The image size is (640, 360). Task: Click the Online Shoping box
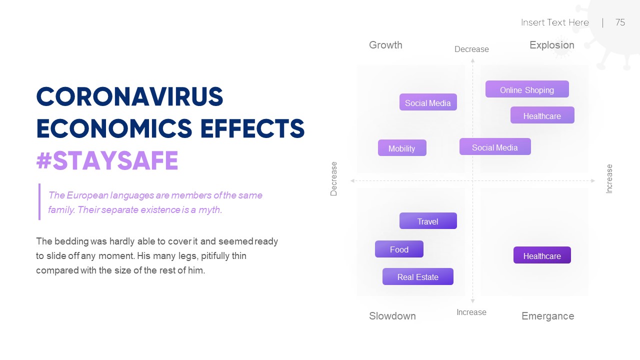527,89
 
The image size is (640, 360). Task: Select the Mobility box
402,148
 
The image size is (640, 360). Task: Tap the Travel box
428,221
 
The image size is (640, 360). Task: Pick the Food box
399,249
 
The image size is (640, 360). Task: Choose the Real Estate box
417,276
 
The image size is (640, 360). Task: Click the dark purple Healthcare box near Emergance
542,255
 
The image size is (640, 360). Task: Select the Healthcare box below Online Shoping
542,115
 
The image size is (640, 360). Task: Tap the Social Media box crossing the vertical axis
495,147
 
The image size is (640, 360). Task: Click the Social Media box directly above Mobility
428,102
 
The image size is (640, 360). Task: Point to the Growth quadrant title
385,45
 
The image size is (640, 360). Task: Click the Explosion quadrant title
551,45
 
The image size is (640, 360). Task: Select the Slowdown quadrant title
392,316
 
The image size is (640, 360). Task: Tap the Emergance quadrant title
547,316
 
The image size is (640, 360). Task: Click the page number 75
620,22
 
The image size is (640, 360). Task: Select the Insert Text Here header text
554,22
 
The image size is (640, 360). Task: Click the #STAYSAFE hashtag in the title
107,161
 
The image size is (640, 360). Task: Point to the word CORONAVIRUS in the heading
129,97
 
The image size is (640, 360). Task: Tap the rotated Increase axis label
609,178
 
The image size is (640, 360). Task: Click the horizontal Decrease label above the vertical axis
471,49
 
